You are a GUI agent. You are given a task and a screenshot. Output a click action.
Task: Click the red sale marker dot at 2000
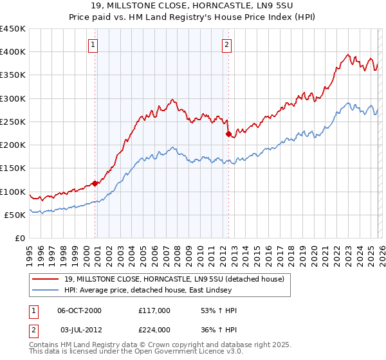coord(95,183)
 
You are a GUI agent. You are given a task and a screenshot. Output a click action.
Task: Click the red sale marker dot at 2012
coord(228,134)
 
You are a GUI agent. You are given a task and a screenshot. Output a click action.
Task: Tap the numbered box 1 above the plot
coord(94,44)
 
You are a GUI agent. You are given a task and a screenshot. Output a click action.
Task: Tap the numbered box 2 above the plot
coord(227,44)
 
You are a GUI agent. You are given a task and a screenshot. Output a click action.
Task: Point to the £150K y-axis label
coord(13,168)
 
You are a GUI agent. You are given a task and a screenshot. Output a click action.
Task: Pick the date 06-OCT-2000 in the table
coord(80,310)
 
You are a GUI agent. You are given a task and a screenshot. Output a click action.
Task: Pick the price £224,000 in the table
coord(154,330)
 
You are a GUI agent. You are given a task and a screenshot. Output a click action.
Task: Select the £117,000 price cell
coord(154,310)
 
